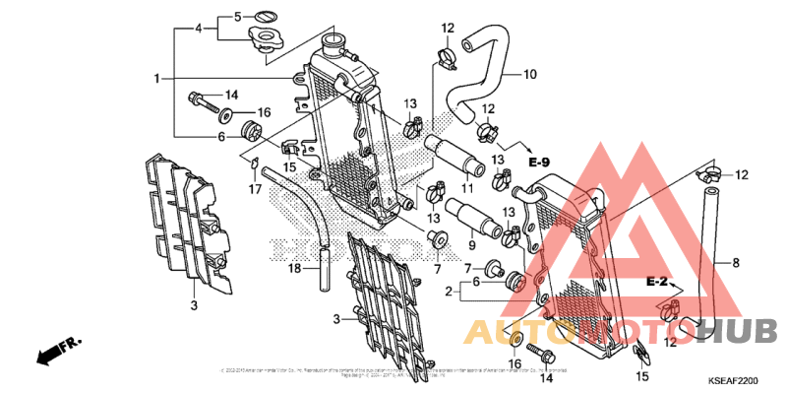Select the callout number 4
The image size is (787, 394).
pyautogui.click(x=199, y=29)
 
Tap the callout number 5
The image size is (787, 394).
pyautogui.click(x=237, y=17)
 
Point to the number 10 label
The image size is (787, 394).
pyautogui.click(x=529, y=74)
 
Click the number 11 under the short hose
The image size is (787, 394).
pyautogui.click(x=467, y=188)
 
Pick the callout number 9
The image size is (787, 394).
pyautogui.click(x=470, y=243)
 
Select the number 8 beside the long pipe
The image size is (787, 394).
pyautogui.click(x=735, y=263)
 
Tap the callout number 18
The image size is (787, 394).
pyautogui.click(x=293, y=268)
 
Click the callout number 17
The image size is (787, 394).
pyautogui.click(x=253, y=188)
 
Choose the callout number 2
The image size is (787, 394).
pyautogui.click(x=448, y=292)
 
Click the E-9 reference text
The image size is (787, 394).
pyautogui.click(x=537, y=161)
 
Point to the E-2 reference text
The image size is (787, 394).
pyautogui.click(x=658, y=283)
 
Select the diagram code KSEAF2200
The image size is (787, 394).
pyautogui.click(x=734, y=381)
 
